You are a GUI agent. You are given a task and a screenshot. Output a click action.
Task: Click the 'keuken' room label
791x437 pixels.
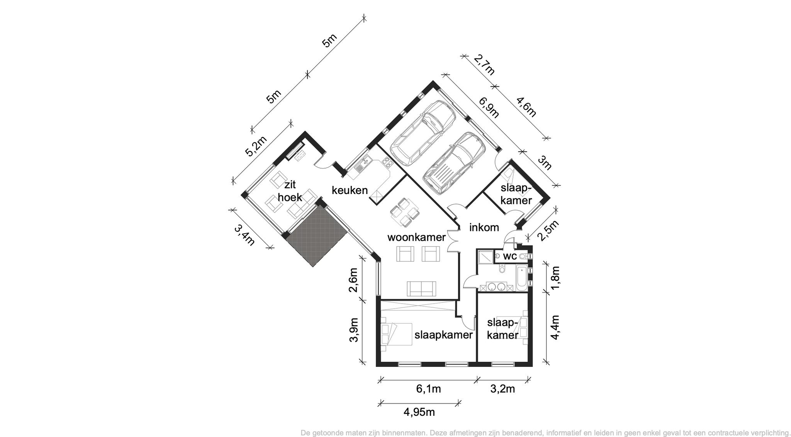350,190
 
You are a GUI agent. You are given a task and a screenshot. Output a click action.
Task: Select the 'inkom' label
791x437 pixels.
484,228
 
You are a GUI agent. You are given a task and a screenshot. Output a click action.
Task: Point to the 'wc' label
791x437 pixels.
510,256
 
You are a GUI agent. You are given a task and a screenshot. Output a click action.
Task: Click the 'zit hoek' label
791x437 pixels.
290,191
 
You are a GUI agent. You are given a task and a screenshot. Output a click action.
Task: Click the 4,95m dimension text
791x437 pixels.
419,412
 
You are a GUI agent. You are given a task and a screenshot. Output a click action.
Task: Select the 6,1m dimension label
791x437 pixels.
428,389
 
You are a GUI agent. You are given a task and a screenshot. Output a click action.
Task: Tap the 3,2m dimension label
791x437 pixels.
502,389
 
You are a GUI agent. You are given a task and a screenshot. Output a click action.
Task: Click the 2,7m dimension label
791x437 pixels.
484,65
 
